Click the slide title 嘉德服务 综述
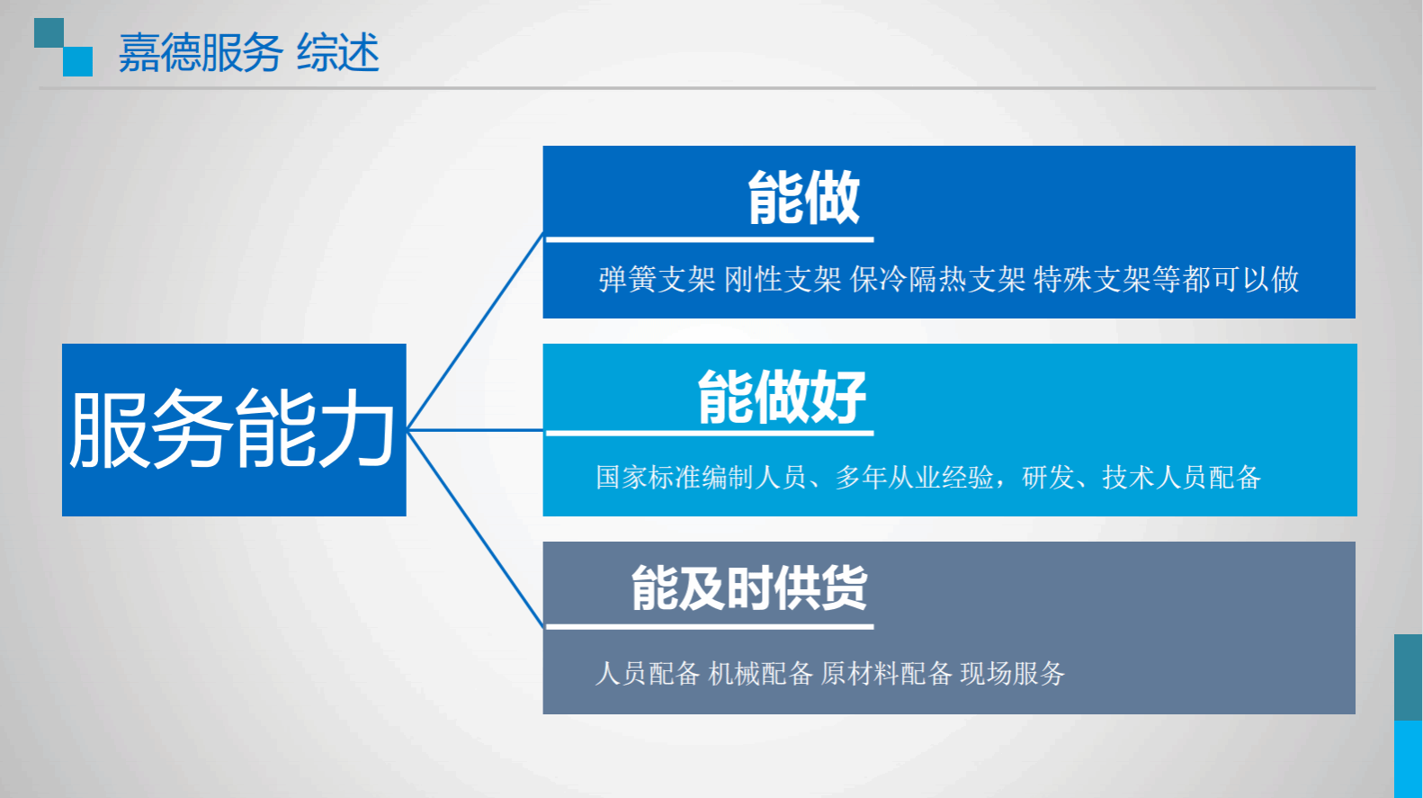tap(249, 52)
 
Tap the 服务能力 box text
tap(233, 429)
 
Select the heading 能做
tap(803, 198)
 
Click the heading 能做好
tap(782, 397)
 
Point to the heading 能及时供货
tap(749, 587)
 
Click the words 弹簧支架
tap(657, 280)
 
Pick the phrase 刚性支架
tap(783, 280)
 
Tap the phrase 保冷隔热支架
tap(937, 280)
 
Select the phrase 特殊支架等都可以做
tap(1167, 280)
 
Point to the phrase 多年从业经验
tap(915, 477)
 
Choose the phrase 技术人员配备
tap(1182, 477)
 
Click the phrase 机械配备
tap(760, 674)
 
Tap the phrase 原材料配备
tap(886, 674)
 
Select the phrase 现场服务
tap(1013, 674)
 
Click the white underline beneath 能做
tap(710, 239)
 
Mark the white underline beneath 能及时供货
tap(710, 626)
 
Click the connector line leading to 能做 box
tap(475, 331)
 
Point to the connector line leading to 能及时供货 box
tap(475, 529)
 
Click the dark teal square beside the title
tap(49, 32)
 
